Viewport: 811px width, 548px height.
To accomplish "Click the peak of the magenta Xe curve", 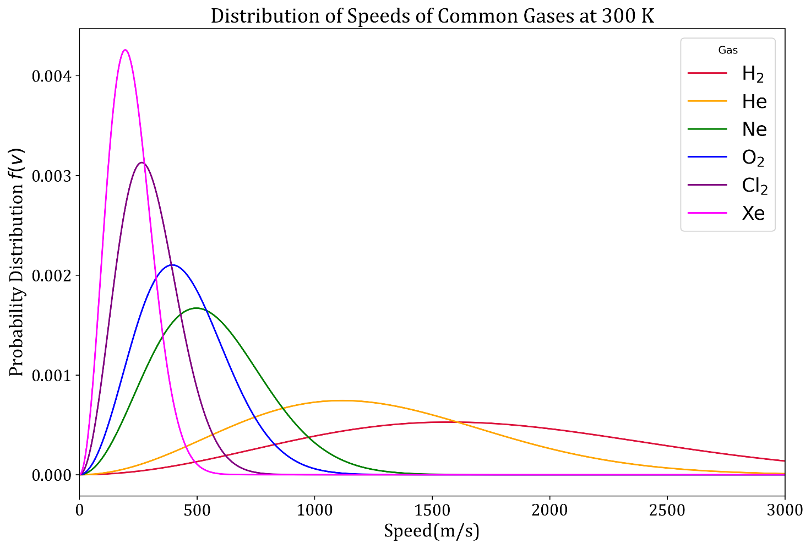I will point(126,50).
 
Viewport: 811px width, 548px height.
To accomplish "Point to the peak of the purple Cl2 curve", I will point(142,162).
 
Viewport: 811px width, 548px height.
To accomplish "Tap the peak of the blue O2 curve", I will point(172,265).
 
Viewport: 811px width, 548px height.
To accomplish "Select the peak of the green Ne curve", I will point(196,308).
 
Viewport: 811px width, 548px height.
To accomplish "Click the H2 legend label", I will point(753,74).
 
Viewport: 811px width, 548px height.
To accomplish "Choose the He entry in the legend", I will point(754,101).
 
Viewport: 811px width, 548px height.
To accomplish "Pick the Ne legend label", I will point(754,129).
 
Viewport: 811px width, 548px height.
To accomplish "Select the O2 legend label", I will point(753,158).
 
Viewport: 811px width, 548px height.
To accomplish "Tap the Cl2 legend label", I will point(754,186).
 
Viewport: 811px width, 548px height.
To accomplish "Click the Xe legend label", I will point(753,214).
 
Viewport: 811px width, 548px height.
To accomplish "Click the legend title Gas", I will point(727,50).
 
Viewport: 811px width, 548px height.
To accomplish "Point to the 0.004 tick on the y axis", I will point(53,76).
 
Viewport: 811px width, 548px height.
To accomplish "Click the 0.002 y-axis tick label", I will point(53,275).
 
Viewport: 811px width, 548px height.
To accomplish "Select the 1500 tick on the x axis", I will point(432,511).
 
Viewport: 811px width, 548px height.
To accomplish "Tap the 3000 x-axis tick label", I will point(784,511).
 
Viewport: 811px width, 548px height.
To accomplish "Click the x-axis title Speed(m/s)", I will point(432,531).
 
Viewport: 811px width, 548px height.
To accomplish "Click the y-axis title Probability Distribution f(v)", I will point(17,262).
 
